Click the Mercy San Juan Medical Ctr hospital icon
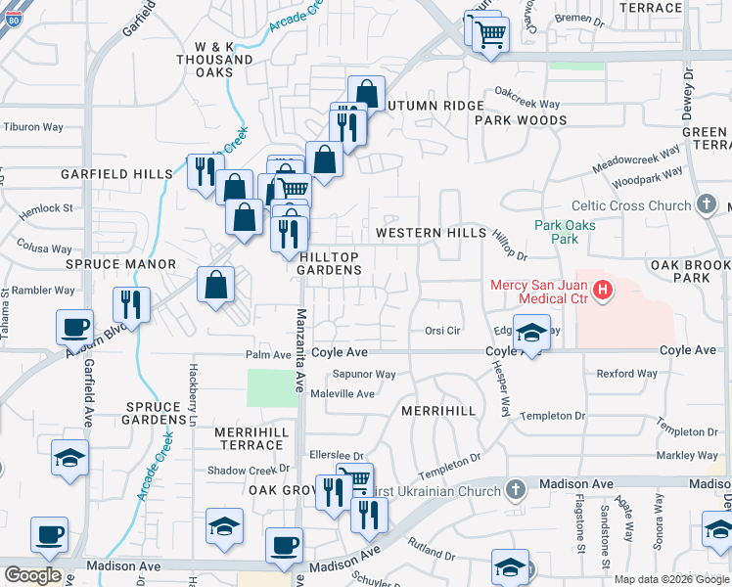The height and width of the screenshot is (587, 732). pyautogui.click(x=603, y=291)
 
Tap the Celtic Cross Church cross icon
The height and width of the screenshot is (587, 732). pyautogui.click(x=707, y=205)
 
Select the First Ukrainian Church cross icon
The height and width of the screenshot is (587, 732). pyautogui.click(x=517, y=489)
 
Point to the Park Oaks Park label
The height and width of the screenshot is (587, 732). pyautogui.click(x=565, y=232)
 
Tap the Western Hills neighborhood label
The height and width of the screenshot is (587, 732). pyautogui.click(x=431, y=233)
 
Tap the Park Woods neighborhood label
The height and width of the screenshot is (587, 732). pyautogui.click(x=521, y=120)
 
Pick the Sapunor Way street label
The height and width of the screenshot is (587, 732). pyautogui.click(x=365, y=374)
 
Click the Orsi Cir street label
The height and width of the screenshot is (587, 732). pyautogui.click(x=442, y=331)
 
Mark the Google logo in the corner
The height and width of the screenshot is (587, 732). pyautogui.click(x=32, y=575)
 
